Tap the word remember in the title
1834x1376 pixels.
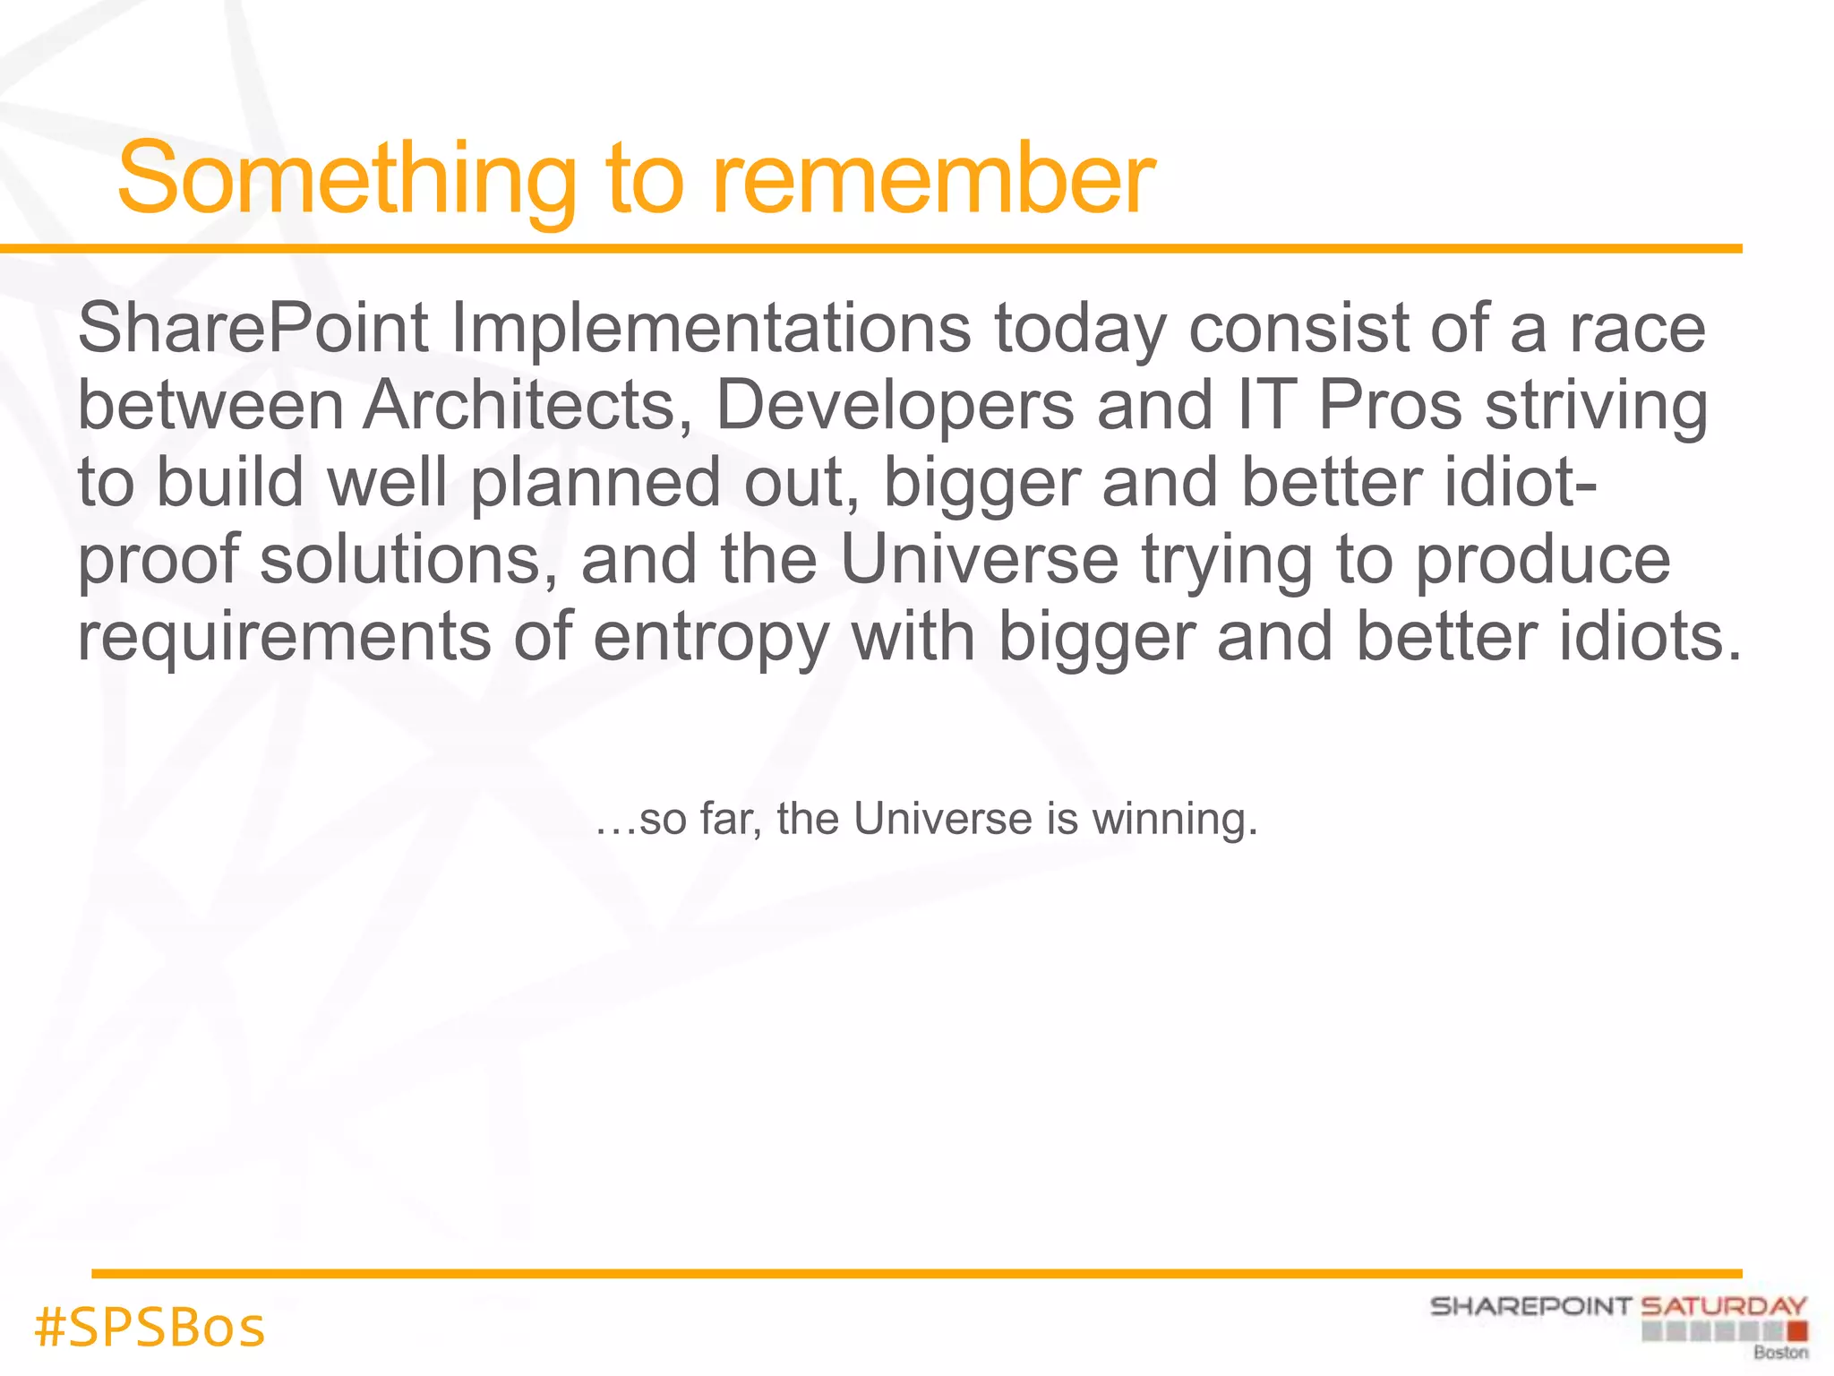[933, 179]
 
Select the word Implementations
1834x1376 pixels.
[710, 329]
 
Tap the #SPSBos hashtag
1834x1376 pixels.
[150, 1328]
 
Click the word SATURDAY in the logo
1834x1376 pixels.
[1723, 1307]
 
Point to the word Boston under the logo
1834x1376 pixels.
[1780, 1353]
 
